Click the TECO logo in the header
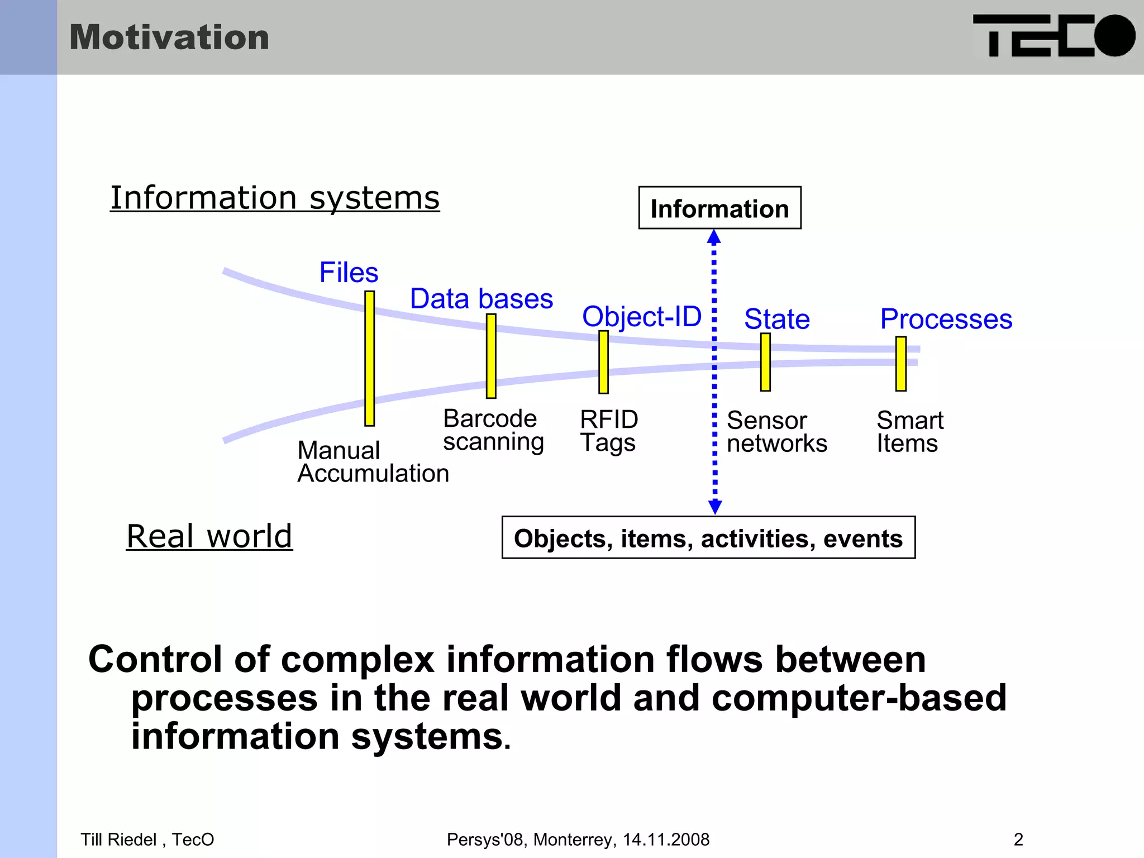[x=1054, y=36]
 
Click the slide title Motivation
[x=169, y=37]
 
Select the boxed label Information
[x=719, y=208]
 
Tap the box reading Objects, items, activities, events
[x=708, y=538]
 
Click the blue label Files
[x=349, y=273]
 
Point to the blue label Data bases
[x=482, y=299]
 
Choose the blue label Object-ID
[x=642, y=317]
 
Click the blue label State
[x=777, y=319]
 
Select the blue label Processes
[x=946, y=319]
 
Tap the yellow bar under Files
[x=369, y=358]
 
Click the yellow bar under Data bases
[x=491, y=356]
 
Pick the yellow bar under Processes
[x=900, y=363]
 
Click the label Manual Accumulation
[x=373, y=462]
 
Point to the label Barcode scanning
[x=493, y=430]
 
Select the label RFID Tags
[x=609, y=431]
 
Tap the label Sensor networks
[x=776, y=432]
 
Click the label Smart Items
[x=909, y=432]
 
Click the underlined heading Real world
[x=209, y=536]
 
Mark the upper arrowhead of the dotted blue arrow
[x=714, y=237]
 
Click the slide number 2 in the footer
[x=1018, y=840]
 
